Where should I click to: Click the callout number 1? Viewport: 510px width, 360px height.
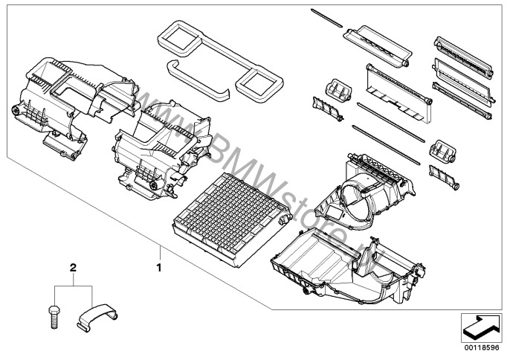point(158,263)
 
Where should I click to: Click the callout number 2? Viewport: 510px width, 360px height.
point(73,266)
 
